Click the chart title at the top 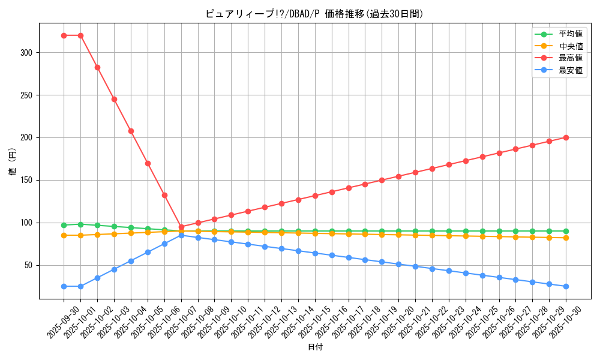tap(314, 14)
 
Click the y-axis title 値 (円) tap(13, 161)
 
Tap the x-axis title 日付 tap(315, 347)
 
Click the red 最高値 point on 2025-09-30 tap(64, 35)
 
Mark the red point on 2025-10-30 tap(566, 137)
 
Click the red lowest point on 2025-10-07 tap(181, 227)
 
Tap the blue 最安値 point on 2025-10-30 tap(566, 286)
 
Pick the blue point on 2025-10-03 tap(114, 269)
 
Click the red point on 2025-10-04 tap(131, 131)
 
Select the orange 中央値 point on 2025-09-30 tap(64, 235)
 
